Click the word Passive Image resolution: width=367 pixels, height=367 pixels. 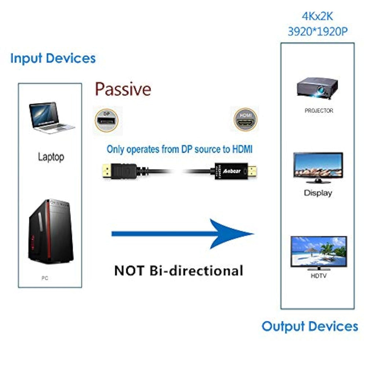tap(123, 89)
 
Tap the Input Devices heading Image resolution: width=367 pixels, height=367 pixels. tap(53, 58)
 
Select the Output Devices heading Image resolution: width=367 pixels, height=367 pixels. tap(310, 326)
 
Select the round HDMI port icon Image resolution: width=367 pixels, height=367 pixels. tap(246, 119)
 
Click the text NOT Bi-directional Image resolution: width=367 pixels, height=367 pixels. tap(179, 270)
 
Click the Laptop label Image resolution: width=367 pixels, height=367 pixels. tap(51, 157)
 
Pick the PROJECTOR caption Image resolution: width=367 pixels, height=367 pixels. tap(319, 110)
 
